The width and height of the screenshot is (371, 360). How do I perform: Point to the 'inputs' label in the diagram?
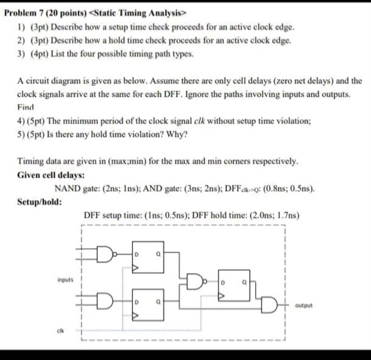(x=65, y=278)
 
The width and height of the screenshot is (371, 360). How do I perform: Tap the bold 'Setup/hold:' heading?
(x=37, y=202)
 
